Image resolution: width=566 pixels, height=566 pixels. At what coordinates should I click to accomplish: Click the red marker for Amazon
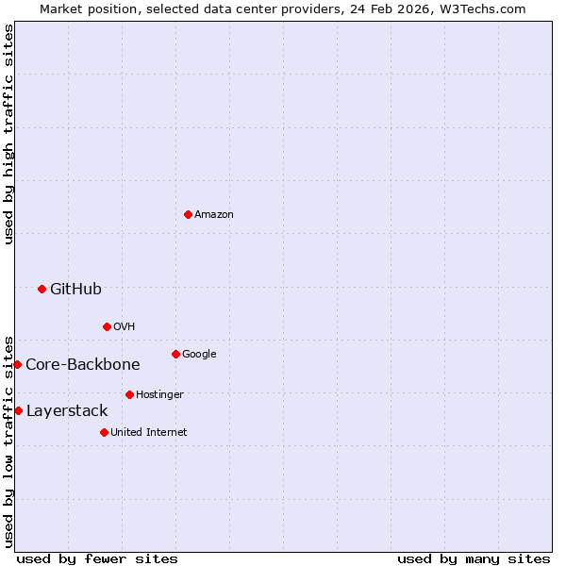coord(188,215)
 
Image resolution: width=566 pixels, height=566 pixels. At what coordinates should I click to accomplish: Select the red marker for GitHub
coord(42,289)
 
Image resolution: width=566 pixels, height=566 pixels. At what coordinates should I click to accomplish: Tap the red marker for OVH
coord(107,327)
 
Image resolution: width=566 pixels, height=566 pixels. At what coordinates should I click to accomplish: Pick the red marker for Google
coord(175,355)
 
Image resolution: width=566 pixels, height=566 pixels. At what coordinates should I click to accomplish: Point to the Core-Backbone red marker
coord(17,364)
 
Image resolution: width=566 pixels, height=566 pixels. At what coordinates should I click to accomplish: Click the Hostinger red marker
coord(129,394)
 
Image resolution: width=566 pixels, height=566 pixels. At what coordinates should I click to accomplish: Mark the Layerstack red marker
coord(18,410)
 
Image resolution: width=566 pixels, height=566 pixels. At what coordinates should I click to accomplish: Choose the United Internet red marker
coord(104,432)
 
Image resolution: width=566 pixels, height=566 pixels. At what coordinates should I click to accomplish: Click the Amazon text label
coord(214,215)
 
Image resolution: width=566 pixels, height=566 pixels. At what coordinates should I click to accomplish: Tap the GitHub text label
coord(75,289)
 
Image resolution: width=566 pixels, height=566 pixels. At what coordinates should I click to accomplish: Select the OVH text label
coord(125,327)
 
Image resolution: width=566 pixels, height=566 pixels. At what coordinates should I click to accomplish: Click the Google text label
coord(199,355)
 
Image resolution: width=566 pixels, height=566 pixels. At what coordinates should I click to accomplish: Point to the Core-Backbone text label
coord(83,365)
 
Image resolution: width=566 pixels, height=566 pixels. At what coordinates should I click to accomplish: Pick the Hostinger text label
coord(159,394)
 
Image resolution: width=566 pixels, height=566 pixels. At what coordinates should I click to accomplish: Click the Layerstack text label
coord(67,411)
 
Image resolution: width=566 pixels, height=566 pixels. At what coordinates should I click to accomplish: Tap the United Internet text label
coord(149,432)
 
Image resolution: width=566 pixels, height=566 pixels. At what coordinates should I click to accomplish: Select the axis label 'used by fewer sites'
coord(97,558)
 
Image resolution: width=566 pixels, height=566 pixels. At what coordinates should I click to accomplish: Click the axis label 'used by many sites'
coord(474,558)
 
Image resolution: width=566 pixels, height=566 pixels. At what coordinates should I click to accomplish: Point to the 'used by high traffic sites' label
coord(9,134)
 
